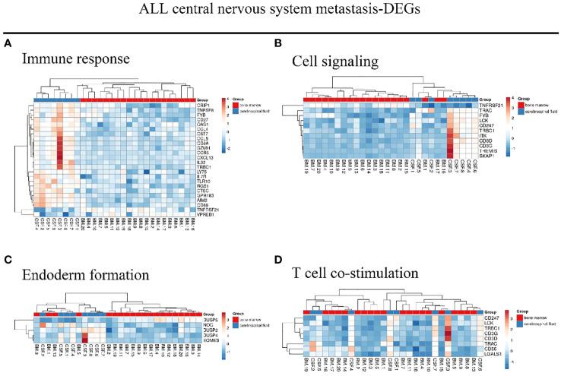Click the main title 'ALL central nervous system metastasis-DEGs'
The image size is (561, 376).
pos(280,13)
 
